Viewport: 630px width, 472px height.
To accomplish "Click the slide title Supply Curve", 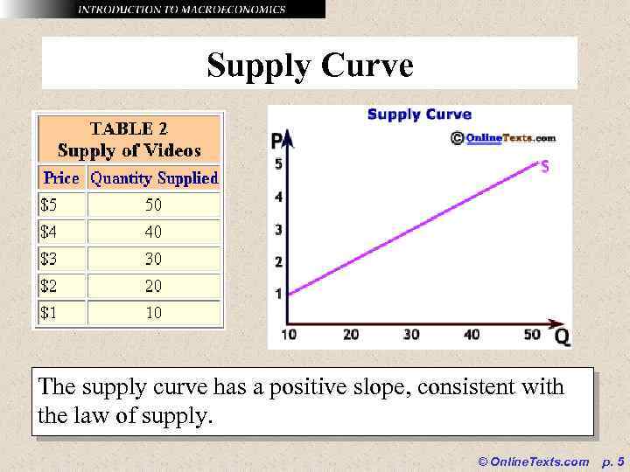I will coord(310,66).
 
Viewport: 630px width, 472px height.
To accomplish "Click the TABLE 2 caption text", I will coord(129,128).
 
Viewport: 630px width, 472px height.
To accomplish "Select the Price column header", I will coord(61,178).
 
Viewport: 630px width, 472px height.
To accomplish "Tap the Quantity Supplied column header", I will coord(154,178).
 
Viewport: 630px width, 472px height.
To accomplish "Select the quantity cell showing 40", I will coord(153,233).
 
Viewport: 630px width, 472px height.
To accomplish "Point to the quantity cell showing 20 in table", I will coord(153,286).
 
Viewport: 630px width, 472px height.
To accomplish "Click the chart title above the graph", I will coord(419,115).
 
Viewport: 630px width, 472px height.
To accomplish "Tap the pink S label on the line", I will coord(544,166).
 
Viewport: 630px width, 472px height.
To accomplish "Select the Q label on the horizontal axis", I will coord(562,337).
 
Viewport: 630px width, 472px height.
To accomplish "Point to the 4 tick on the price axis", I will coord(279,198).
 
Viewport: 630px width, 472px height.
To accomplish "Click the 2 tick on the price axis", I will coord(279,262).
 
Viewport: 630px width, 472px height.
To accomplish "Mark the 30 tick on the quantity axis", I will coord(410,335).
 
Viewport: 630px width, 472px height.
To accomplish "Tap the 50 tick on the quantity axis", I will coord(532,335).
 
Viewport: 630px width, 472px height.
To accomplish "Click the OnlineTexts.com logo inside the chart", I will coord(503,138).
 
